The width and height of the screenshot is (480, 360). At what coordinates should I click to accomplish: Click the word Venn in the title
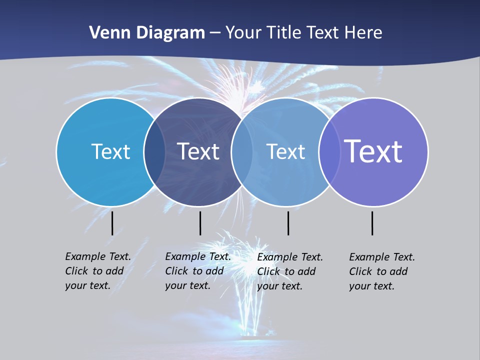[x=106, y=33]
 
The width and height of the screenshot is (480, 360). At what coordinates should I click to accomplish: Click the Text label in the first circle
[x=110, y=151]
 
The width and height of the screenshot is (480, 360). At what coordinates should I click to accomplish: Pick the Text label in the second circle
[x=198, y=151]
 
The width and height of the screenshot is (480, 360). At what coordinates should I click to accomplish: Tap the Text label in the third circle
[x=285, y=151]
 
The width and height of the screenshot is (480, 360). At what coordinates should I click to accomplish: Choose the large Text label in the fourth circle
[x=373, y=151]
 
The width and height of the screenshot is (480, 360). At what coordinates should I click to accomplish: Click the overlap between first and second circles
[x=154, y=152]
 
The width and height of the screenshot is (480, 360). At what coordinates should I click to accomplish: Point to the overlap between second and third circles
[x=241, y=152]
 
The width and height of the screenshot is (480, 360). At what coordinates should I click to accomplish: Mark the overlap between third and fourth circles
[x=329, y=152]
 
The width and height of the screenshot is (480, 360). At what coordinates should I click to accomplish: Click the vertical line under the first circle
[x=112, y=223]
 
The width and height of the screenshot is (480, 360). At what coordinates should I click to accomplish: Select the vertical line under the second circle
[x=200, y=223]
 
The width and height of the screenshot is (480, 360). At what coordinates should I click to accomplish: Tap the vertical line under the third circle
[x=288, y=223]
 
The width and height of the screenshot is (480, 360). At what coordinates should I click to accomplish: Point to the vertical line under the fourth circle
[x=372, y=223]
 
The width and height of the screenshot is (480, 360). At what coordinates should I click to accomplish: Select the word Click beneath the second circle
[x=176, y=271]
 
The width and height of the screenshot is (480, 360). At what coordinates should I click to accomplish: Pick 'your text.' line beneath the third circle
[x=279, y=286]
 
